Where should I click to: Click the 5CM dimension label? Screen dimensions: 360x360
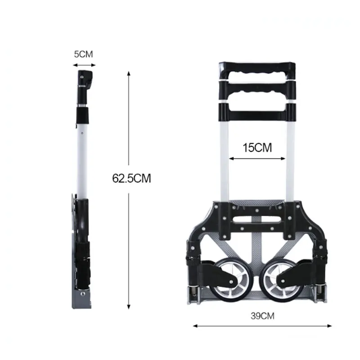pos(83,54)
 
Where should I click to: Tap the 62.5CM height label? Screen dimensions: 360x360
pos(131,178)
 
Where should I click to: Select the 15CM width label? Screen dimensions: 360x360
pos(257,147)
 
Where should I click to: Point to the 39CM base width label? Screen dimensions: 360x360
pos(262,315)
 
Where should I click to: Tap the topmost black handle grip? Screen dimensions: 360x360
pos(257,69)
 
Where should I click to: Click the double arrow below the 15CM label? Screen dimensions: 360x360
pos(257,158)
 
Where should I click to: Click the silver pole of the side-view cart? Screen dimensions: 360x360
pos(81,157)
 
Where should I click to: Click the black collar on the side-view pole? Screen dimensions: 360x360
pos(82,115)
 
